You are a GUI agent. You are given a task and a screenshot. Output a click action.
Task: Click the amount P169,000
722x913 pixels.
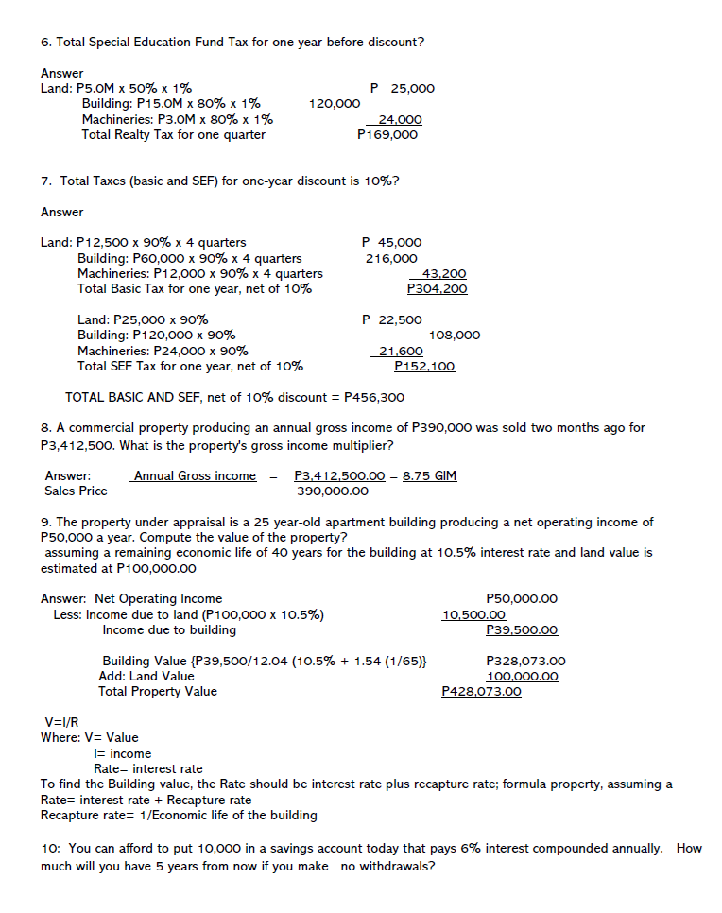pyautogui.click(x=387, y=135)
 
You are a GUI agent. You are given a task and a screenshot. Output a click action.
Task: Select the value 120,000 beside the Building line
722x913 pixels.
pyautogui.click(x=335, y=104)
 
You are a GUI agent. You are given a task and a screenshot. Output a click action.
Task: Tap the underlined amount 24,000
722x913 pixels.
pyautogui.click(x=400, y=120)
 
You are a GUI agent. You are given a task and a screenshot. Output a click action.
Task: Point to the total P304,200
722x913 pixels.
pyautogui.click(x=437, y=289)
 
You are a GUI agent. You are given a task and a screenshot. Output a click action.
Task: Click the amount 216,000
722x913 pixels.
pyautogui.click(x=391, y=258)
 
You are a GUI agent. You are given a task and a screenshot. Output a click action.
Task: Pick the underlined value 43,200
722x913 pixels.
pyautogui.click(x=443, y=274)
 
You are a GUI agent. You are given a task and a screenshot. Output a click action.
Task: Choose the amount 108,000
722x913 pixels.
pyautogui.click(x=455, y=336)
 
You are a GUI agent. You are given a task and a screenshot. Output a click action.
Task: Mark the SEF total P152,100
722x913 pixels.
pyautogui.click(x=424, y=367)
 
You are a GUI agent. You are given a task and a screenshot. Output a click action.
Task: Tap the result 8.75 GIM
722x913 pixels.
pyautogui.click(x=429, y=475)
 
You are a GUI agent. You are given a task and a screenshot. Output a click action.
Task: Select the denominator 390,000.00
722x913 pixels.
pyautogui.click(x=333, y=491)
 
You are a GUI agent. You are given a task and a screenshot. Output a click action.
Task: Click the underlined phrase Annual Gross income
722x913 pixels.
pyautogui.click(x=195, y=475)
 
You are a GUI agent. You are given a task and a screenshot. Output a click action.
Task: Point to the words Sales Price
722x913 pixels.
pyautogui.click(x=76, y=491)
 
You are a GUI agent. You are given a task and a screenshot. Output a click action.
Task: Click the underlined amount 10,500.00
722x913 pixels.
pyautogui.click(x=473, y=614)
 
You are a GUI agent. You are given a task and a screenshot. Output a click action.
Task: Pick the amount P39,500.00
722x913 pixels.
pyautogui.click(x=521, y=629)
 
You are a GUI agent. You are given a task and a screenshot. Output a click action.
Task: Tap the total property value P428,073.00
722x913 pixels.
pyautogui.click(x=481, y=692)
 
